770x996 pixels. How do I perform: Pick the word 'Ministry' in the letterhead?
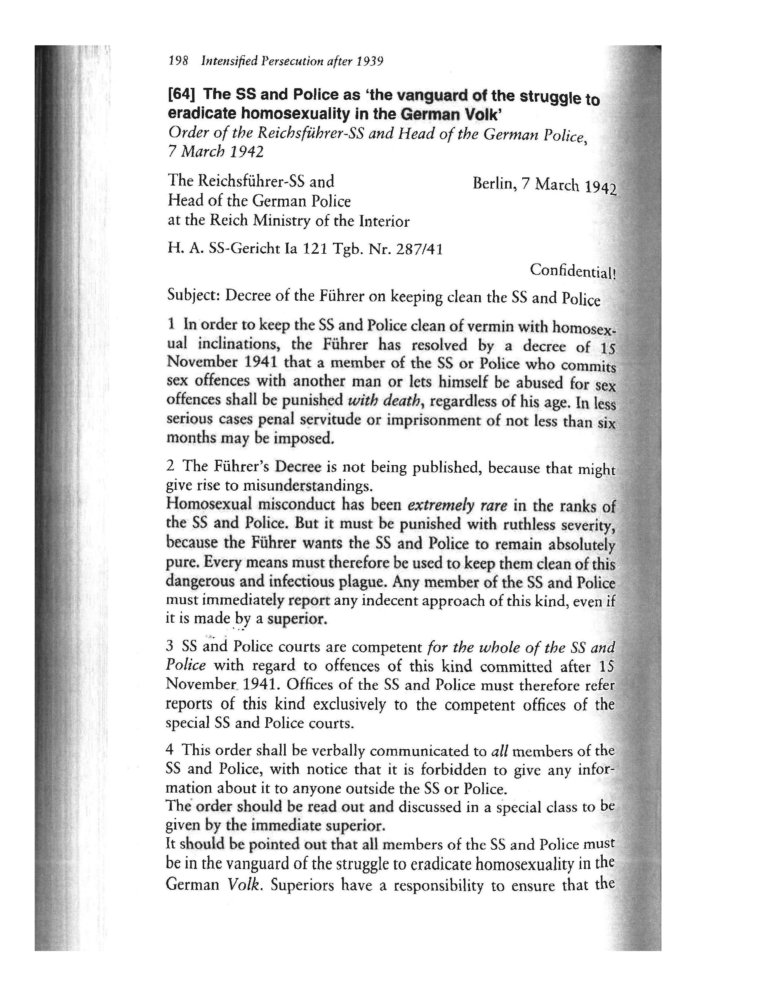point(278,221)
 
